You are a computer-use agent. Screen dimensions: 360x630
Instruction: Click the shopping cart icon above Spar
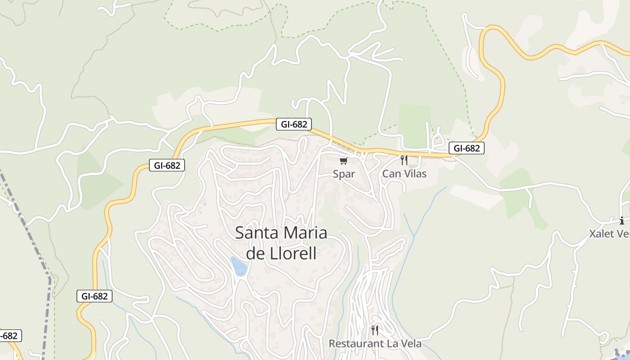344,161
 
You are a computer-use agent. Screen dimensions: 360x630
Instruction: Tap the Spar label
344,174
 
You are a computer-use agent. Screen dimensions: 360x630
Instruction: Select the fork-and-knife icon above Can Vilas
404,160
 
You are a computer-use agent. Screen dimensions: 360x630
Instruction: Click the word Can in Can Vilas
391,174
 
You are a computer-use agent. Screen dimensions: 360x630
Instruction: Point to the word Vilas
414,174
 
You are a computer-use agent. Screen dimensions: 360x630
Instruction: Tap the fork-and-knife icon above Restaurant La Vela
375,330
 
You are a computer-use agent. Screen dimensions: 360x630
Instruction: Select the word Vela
410,344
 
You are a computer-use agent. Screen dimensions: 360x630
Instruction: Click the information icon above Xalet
622,220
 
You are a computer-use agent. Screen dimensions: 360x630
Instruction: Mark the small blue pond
238,266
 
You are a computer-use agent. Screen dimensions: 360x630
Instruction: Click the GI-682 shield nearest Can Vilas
466,148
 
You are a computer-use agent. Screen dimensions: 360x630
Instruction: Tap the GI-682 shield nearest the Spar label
293,124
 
